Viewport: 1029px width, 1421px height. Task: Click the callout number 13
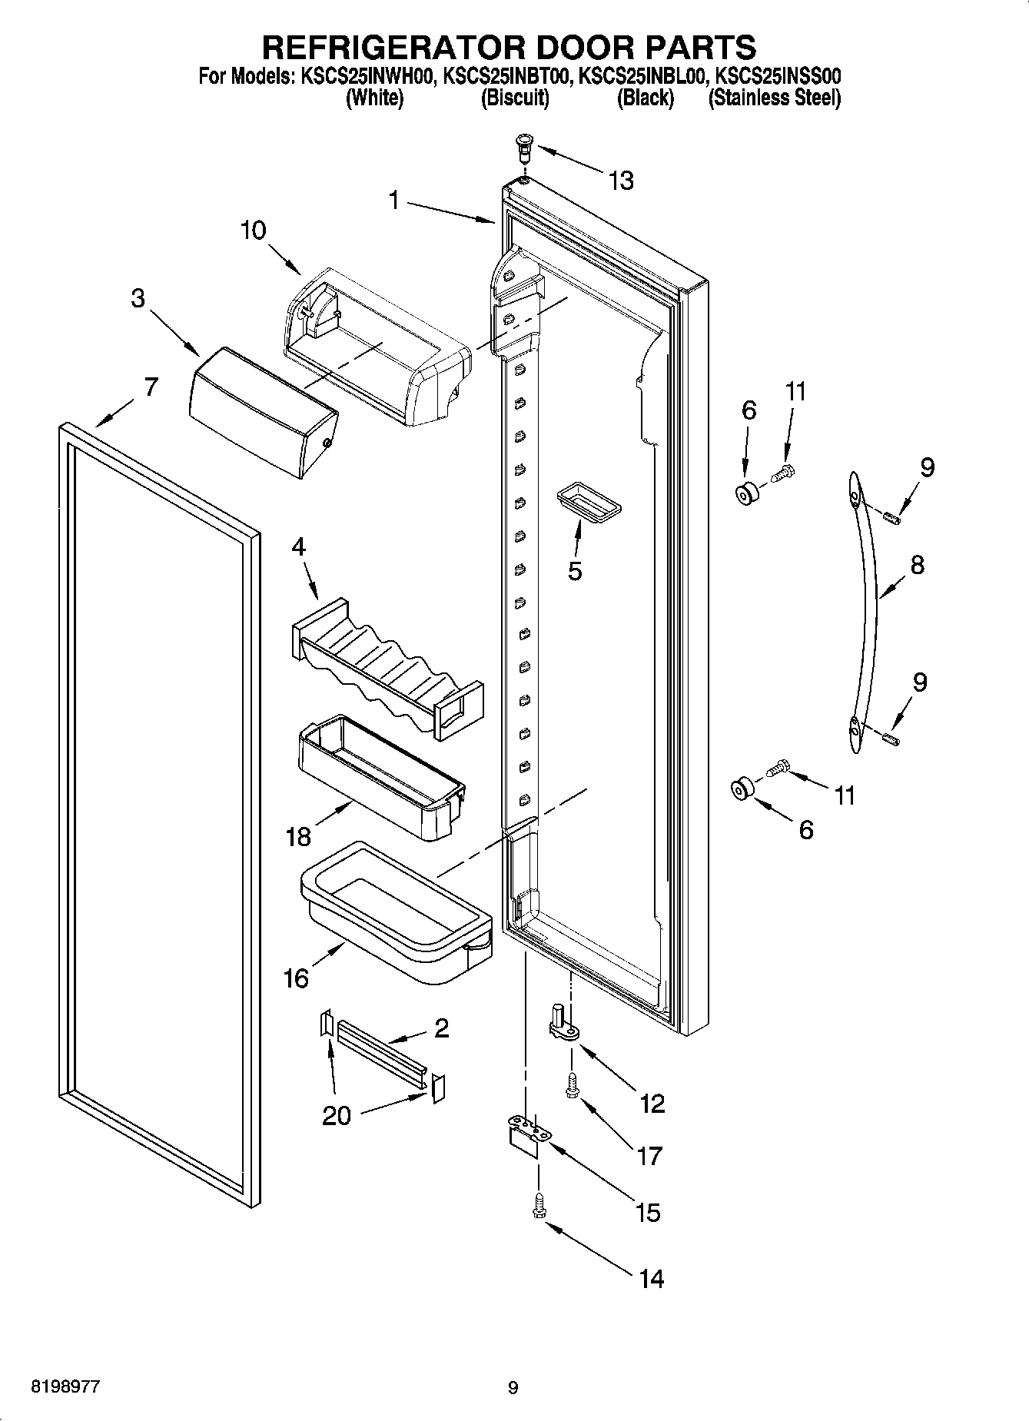click(x=621, y=181)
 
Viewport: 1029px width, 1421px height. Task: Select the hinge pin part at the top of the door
click(x=525, y=146)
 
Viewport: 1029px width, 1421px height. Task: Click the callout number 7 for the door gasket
click(x=151, y=387)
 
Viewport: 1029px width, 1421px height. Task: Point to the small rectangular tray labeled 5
click(x=588, y=503)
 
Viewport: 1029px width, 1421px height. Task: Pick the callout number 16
click(x=296, y=979)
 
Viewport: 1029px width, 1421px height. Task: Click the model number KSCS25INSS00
click(x=778, y=76)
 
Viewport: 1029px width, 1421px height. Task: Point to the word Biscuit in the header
click(x=514, y=98)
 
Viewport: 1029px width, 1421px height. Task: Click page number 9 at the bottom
click(x=513, y=1387)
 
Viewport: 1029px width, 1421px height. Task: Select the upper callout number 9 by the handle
click(x=927, y=467)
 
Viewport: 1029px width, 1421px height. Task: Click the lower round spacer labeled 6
click(x=742, y=789)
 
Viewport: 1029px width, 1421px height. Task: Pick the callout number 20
click(x=336, y=1115)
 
